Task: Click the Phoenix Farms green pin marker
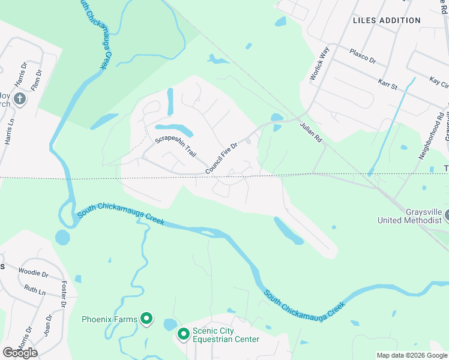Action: click(146, 319)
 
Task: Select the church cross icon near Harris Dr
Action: click(20, 98)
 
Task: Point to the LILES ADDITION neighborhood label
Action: click(387, 20)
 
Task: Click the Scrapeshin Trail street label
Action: click(176, 148)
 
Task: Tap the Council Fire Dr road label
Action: click(222, 159)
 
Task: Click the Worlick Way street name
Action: click(320, 62)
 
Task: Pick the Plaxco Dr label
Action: click(363, 61)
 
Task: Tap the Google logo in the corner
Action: click(20, 352)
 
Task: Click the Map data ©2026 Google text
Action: click(411, 355)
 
